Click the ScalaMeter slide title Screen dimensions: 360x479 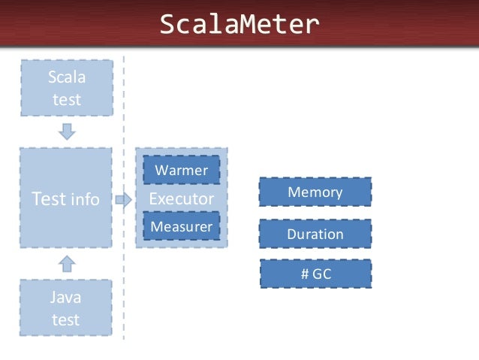pyautogui.click(x=239, y=25)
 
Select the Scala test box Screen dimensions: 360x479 pyautogui.click(x=67, y=88)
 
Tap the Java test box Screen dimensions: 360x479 pyautogui.click(x=66, y=308)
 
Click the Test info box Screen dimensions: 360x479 pyautogui.click(x=66, y=198)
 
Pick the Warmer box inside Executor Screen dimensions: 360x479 pyautogui.click(x=181, y=171)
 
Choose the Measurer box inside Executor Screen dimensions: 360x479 pyautogui.click(x=181, y=226)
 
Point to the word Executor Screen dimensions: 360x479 pyautogui.click(x=181, y=198)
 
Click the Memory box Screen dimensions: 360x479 pyautogui.click(x=315, y=192)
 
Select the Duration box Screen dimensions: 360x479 pyautogui.click(x=315, y=234)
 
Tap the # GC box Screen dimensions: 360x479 pyautogui.click(x=315, y=274)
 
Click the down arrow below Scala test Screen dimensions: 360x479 pyautogui.click(x=67, y=131)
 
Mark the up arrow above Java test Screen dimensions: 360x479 pyautogui.click(x=67, y=262)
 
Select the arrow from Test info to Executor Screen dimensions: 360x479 pyautogui.click(x=123, y=199)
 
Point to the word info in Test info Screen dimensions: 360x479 pyautogui.click(x=84, y=199)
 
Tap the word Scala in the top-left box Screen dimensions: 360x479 pyautogui.click(x=67, y=77)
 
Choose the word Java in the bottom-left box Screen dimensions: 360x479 pyautogui.click(x=66, y=298)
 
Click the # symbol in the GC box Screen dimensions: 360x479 pyautogui.click(x=304, y=274)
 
